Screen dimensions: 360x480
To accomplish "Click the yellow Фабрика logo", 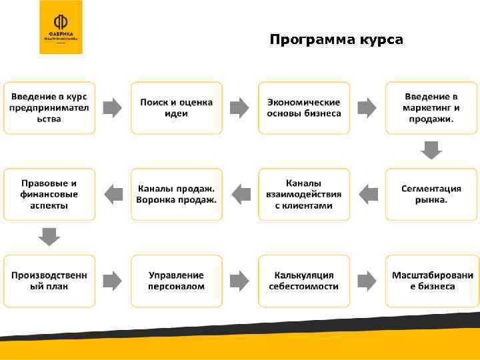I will (61, 27).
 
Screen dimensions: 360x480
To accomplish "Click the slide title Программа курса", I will (336, 40).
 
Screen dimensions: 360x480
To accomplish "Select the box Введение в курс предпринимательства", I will (49, 107).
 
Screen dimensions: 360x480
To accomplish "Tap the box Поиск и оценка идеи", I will (177, 107).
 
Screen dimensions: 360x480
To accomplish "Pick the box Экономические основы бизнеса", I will (304, 107).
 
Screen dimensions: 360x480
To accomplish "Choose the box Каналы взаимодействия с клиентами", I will (304, 194).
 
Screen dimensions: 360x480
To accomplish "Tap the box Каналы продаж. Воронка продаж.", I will (177, 194).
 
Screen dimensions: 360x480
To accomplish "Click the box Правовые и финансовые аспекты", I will (49, 194).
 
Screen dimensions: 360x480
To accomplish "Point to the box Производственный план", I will (49, 281).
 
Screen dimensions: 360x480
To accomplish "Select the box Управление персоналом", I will (177, 281).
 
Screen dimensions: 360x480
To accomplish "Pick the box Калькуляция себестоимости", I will (304, 281).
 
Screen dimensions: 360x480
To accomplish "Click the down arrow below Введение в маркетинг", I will (431, 150).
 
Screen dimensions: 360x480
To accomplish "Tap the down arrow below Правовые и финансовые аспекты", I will (49, 237).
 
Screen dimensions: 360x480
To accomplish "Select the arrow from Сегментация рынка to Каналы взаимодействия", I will (367, 194).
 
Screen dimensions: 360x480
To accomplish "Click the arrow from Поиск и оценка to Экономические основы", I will (240, 107).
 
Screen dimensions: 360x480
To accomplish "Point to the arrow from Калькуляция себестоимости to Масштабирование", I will (367, 281).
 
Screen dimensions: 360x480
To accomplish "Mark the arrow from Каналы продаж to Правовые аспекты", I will (113, 194).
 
